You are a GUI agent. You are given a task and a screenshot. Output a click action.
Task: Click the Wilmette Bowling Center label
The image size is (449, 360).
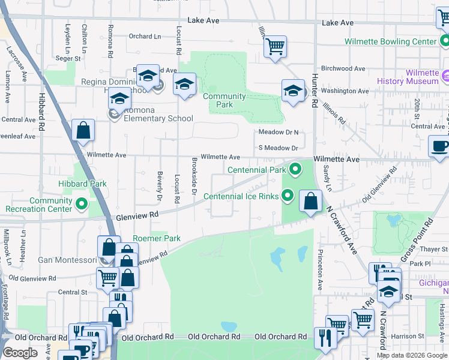point(390,41)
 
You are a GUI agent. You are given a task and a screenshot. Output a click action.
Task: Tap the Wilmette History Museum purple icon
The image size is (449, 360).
point(445,76)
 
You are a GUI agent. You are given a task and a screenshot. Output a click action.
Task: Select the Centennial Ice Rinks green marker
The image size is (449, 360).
point(288,196)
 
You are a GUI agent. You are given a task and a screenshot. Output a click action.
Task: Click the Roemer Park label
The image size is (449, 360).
point(157,238)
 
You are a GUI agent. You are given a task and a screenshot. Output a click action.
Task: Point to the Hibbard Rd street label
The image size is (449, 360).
point(41,113)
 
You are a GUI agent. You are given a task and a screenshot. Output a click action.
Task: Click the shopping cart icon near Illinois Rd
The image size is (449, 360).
point(275,46)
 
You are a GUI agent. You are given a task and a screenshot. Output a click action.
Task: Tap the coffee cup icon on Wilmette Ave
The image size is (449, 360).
point(439,146)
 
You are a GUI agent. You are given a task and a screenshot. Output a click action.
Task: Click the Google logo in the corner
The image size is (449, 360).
point(20,353)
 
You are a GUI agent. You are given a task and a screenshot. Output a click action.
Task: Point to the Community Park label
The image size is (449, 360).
point(224,100)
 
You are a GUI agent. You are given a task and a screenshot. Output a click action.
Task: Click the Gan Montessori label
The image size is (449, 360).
point(67,260)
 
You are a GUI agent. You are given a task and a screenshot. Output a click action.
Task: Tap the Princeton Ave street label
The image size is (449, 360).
point(320,270)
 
